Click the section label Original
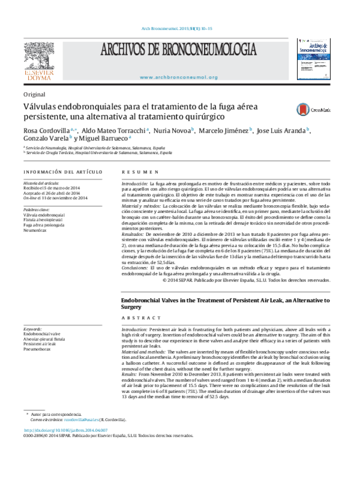pyautogui.click(x=34, y=94)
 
